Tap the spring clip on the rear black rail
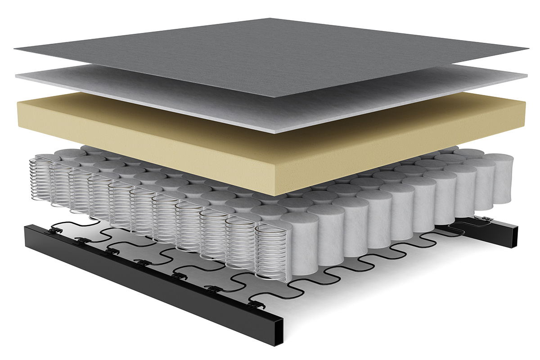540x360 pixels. pyautogui.click(x=487, y=219)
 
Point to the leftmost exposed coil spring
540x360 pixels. pyautogui.click(x=38, y=178)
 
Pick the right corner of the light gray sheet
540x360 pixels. pyautogui.click(x=526, y=76)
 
